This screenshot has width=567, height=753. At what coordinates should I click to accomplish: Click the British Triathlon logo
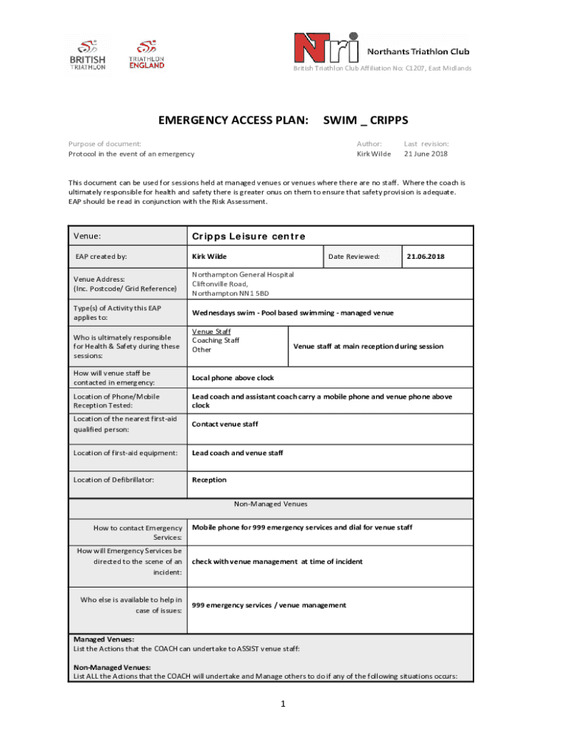(88, 54)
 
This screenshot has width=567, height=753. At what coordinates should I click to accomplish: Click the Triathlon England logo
(147, 54)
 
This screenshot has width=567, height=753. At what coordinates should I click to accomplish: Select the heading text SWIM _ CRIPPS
(366, 121)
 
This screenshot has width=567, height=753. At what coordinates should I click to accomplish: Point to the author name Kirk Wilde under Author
(373, 154)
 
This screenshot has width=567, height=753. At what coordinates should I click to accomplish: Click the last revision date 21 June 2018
(426, 154)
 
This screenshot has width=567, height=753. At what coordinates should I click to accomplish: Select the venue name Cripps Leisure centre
(248, 236)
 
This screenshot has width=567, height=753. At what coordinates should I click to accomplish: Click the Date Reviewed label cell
(354, 257)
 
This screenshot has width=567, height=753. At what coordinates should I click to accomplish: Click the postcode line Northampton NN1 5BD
(230, 293)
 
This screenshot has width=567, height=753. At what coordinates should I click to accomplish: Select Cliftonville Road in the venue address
(220, 284)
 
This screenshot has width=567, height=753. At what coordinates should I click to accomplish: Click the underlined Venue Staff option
(211, 332)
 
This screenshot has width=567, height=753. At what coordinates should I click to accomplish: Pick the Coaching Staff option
(216, 340)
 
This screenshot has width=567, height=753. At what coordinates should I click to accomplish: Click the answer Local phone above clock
(233, 378)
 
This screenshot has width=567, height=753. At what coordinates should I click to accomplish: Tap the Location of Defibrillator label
(114, 480)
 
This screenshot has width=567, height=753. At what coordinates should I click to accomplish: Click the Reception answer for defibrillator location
(209, 480)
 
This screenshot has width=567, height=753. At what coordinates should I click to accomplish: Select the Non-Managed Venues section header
(270, 504)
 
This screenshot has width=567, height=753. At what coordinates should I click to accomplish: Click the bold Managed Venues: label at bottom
(104, 640)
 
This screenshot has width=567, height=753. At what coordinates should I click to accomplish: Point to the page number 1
(282, 704)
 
